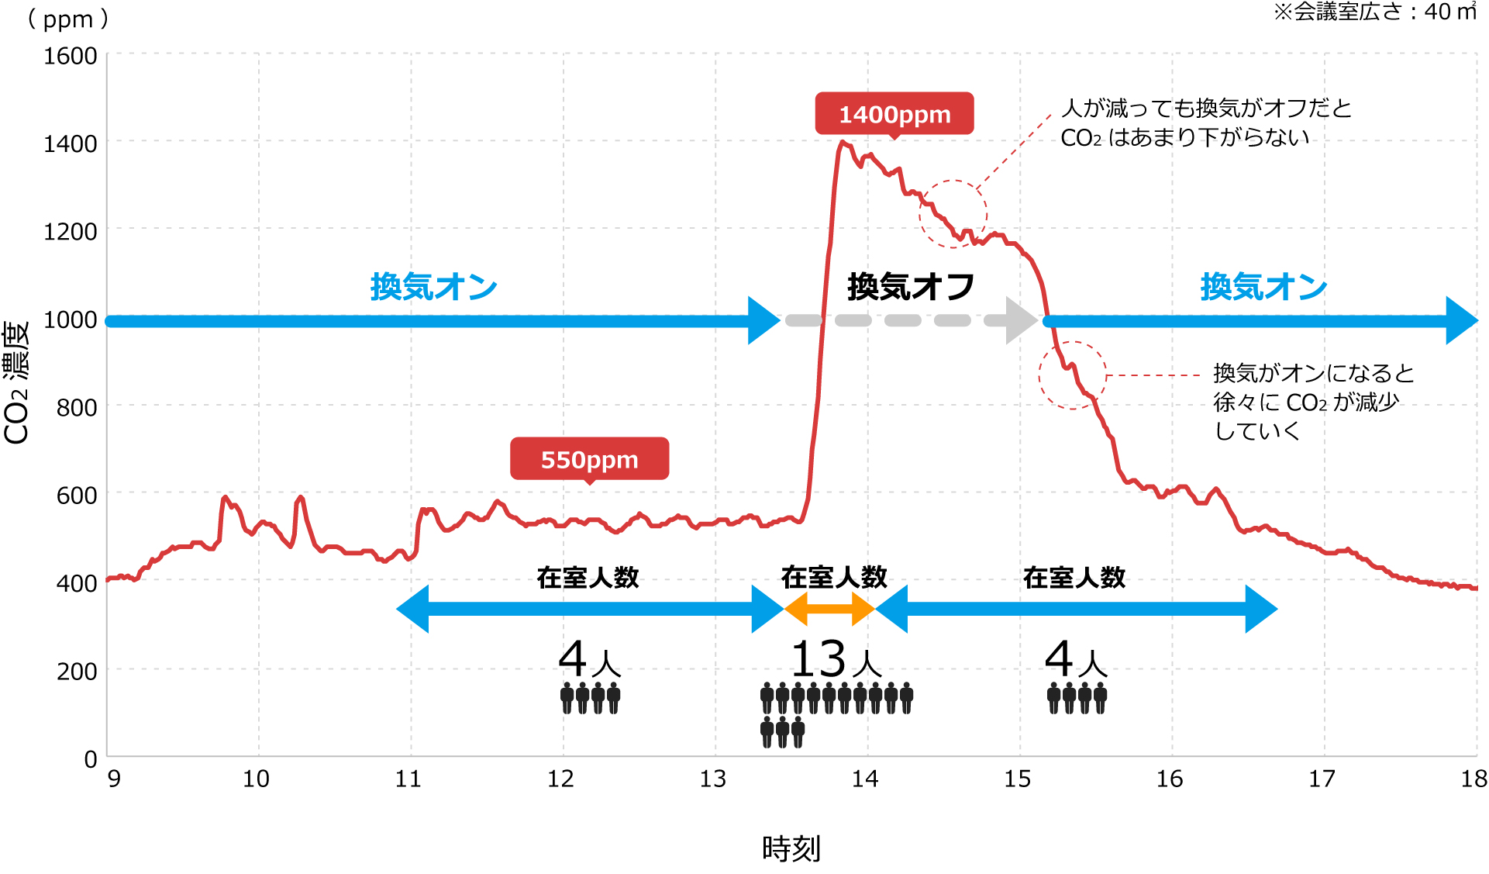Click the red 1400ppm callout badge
coord(894,114)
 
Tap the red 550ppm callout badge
coord(589,459)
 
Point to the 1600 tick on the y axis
coord(71,56)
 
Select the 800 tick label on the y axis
coord(77,407)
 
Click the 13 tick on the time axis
coord(713,779)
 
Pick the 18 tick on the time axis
coord(1473,779)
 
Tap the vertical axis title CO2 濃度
coord(16,383)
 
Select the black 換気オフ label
coord(911,287)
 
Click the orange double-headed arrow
coord(829,609)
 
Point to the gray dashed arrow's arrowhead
coord(1022,320)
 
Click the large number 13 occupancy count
coord(819,659)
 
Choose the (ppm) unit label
coord(68,19)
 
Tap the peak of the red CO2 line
coord(843,142)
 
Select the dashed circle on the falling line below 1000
coord(1073,375)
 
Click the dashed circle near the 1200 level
coord(953,214)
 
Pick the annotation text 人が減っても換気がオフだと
coord(1206,108)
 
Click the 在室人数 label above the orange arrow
coord(834,577)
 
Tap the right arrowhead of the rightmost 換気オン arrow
coord(1462,320)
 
